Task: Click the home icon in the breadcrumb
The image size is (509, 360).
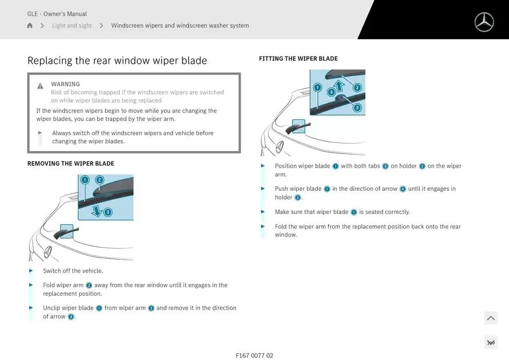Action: (30, 25)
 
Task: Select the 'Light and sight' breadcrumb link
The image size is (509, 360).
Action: (72, 25)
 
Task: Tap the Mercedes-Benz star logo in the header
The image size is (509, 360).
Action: (484, 23)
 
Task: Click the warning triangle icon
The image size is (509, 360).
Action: (40, 86)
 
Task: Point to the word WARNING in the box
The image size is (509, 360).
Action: (65, 84)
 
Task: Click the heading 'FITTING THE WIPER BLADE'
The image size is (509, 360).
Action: (298, 59)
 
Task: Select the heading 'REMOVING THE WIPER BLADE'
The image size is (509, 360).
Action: (71, 163)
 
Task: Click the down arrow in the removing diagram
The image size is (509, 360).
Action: (97, 211)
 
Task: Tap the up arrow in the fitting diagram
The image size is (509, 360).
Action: (339, 86)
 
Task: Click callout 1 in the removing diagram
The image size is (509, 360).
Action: (85, 180)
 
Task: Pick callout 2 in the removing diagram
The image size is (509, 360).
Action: (100, 180)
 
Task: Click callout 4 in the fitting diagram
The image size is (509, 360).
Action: (331, 92)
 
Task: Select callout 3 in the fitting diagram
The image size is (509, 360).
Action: (357, 107)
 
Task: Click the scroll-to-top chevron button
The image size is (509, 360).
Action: (491, 318)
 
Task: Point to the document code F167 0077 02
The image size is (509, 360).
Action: (254, 355)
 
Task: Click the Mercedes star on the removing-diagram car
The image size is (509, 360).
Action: (48, 252)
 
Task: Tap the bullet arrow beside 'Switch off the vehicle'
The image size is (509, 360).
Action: (31, 271)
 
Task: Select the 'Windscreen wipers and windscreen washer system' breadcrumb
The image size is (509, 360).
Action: (180, 25)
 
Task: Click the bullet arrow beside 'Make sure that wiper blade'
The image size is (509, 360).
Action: (263, 212)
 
